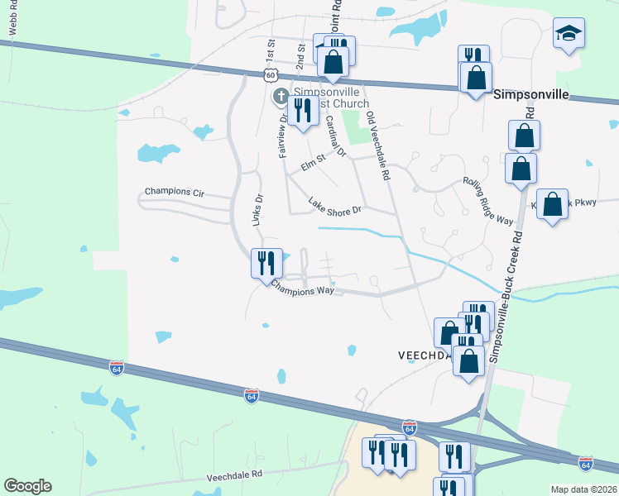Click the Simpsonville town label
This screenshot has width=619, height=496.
(x=531, y=94)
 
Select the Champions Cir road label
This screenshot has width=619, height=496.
(x=174, y=191)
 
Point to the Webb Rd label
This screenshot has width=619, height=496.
(x=13, y=18)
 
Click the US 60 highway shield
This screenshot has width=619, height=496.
(x=271, y=75)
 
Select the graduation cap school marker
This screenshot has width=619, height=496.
(x=569, y=34)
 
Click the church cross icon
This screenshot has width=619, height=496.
(x=281, y=97)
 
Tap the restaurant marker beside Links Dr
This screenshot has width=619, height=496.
(x=266, y=263)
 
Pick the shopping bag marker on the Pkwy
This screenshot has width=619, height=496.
(x=553, y=204)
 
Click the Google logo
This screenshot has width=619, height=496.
(x=27, y=486)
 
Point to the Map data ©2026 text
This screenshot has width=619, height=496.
(x=583, y=489)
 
